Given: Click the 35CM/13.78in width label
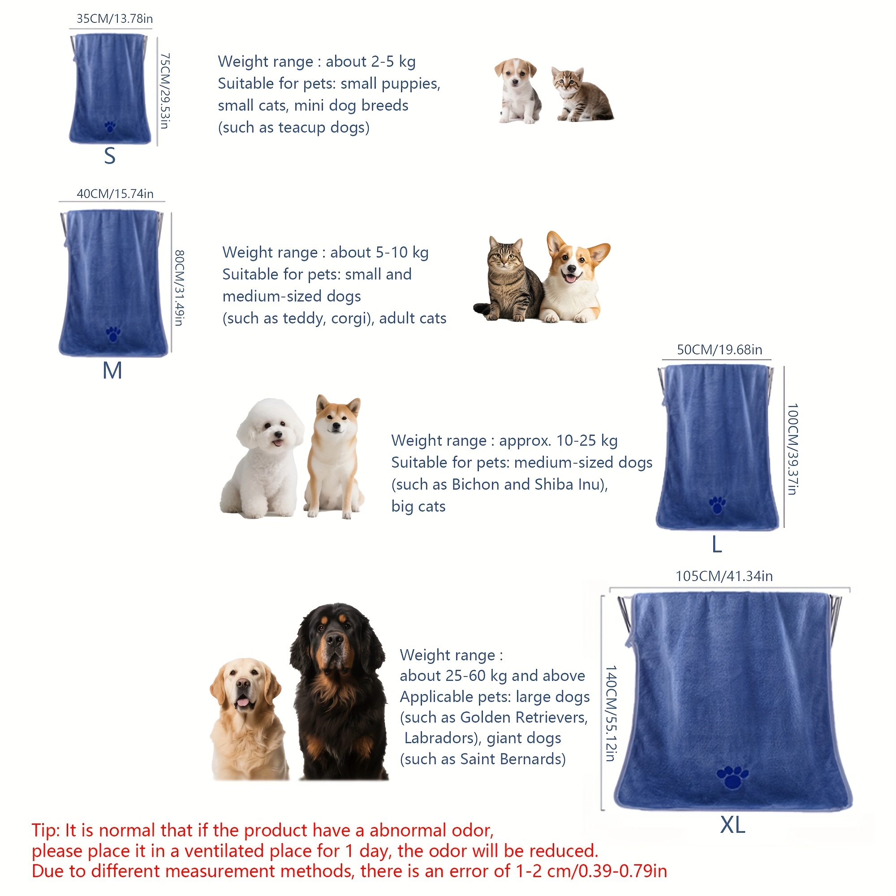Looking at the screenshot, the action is coord(115,18).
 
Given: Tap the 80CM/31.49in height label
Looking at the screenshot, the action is coord(180,288).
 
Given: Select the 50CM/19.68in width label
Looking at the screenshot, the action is coord(719,350).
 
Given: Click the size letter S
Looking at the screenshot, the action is coord(109,156).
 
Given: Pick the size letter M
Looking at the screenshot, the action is coord(112,370).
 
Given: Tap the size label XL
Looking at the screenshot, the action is coord(733,825).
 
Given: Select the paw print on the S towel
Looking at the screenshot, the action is coord(110,126).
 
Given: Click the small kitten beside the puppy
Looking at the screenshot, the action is coord(582,95).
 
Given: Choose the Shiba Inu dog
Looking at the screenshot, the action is coord(333,457).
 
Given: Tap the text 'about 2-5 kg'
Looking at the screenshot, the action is coord(370,62).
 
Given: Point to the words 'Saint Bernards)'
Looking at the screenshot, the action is coord(513,759).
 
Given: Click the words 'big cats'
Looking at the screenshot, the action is coord(418,506).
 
